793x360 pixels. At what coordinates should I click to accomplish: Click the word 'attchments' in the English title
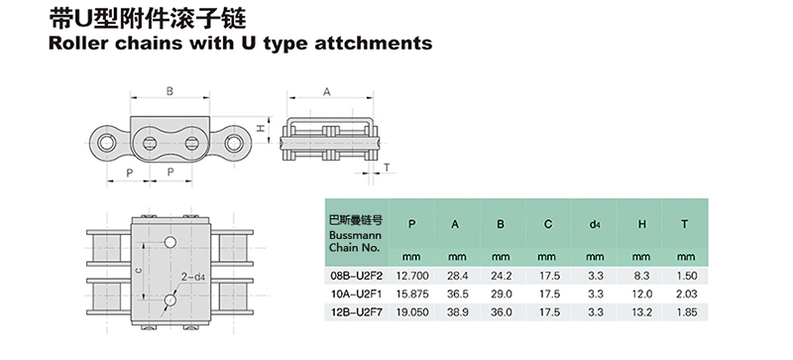coord(374,43)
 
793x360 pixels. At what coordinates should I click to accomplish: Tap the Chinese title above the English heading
coord(147,19)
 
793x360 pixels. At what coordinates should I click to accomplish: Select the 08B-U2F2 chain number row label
coord(356,276)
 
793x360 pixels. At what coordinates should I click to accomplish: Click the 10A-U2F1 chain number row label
coord(356,295)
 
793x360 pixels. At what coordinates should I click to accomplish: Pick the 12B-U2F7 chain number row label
coord(356,312)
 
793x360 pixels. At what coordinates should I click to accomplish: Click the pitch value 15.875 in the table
coord(412,295)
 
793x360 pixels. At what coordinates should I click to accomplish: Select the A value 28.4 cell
coord(457,276)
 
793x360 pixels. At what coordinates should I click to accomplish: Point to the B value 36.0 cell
coord(502,312)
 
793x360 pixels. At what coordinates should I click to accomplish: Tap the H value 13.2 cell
coord(641,312)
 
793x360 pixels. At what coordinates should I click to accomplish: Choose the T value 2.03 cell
coord(687,295)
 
